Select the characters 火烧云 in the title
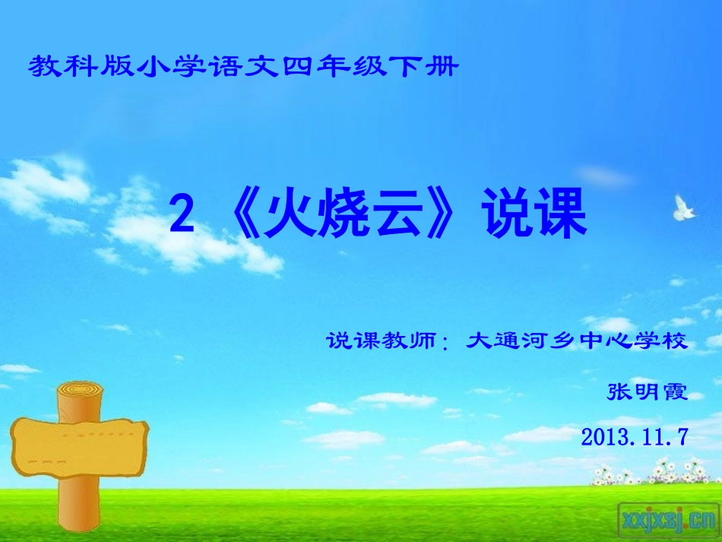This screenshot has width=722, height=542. coord(349,217)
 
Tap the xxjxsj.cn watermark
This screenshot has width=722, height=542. coord(668,518)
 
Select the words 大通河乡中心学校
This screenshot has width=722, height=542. coord(577,341)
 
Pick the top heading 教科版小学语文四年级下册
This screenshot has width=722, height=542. coord(243,68)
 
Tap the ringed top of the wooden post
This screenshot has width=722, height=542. coord(79,392)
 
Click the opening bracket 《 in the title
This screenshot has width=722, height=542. coord(241,217)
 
